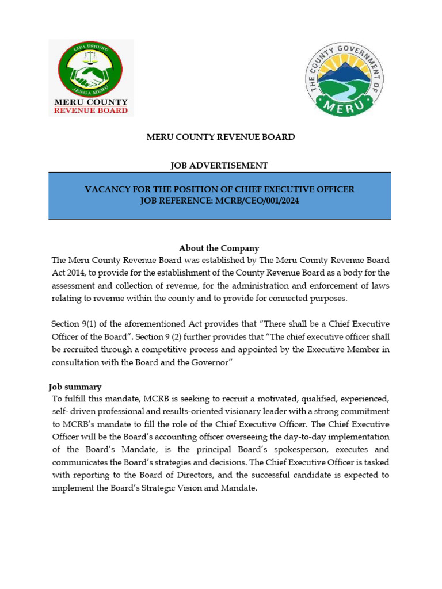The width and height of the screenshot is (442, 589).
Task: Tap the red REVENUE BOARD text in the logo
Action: [x=91, y=110]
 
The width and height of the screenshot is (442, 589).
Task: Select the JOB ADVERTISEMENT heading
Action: [x=219, y=166]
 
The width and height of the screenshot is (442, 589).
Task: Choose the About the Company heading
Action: [x=219, y=248]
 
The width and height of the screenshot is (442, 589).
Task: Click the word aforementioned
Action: [x=135, y=323]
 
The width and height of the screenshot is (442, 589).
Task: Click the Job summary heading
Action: [x=76, y=387]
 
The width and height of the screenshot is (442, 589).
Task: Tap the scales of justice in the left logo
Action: [x=90, y=59]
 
